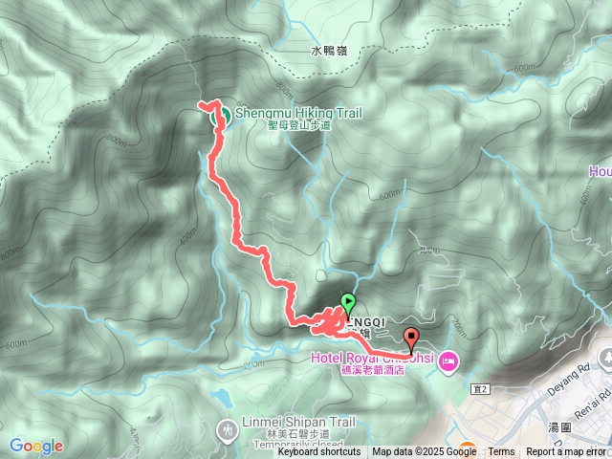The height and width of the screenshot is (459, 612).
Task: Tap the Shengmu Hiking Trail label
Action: [x=298, y=113]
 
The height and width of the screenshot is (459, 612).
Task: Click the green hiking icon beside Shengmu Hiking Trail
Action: [x=220, y=117]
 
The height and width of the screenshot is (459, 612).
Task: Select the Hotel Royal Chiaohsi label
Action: [x=371, y=359]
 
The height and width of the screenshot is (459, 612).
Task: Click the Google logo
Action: [x=36, y=446]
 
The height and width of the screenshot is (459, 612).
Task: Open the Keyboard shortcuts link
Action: [x=319, y=452]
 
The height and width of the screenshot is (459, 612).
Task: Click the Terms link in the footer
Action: [x=501, y=452]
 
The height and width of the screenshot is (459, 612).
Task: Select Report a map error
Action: [x=566, y=452]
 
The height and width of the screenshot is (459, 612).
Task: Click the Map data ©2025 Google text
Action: [x=424, y=452]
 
